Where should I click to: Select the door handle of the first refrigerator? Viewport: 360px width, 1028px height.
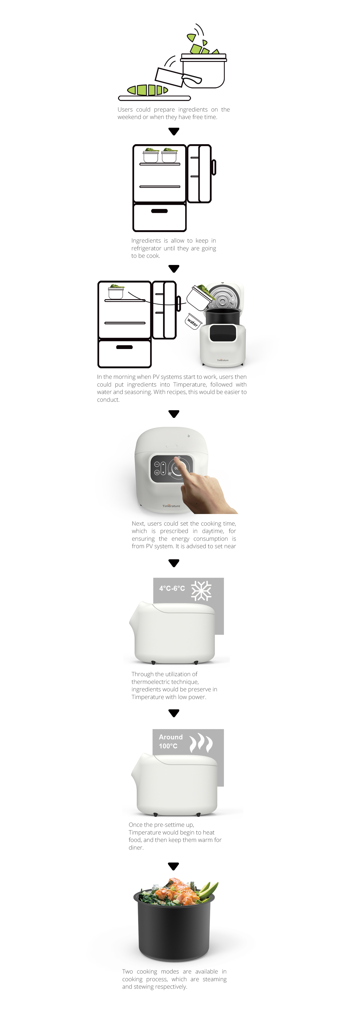coord(213,167)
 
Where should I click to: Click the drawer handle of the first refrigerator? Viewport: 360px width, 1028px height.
coord(159,211)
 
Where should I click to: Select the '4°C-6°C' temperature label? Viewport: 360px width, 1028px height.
coord(172,588)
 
